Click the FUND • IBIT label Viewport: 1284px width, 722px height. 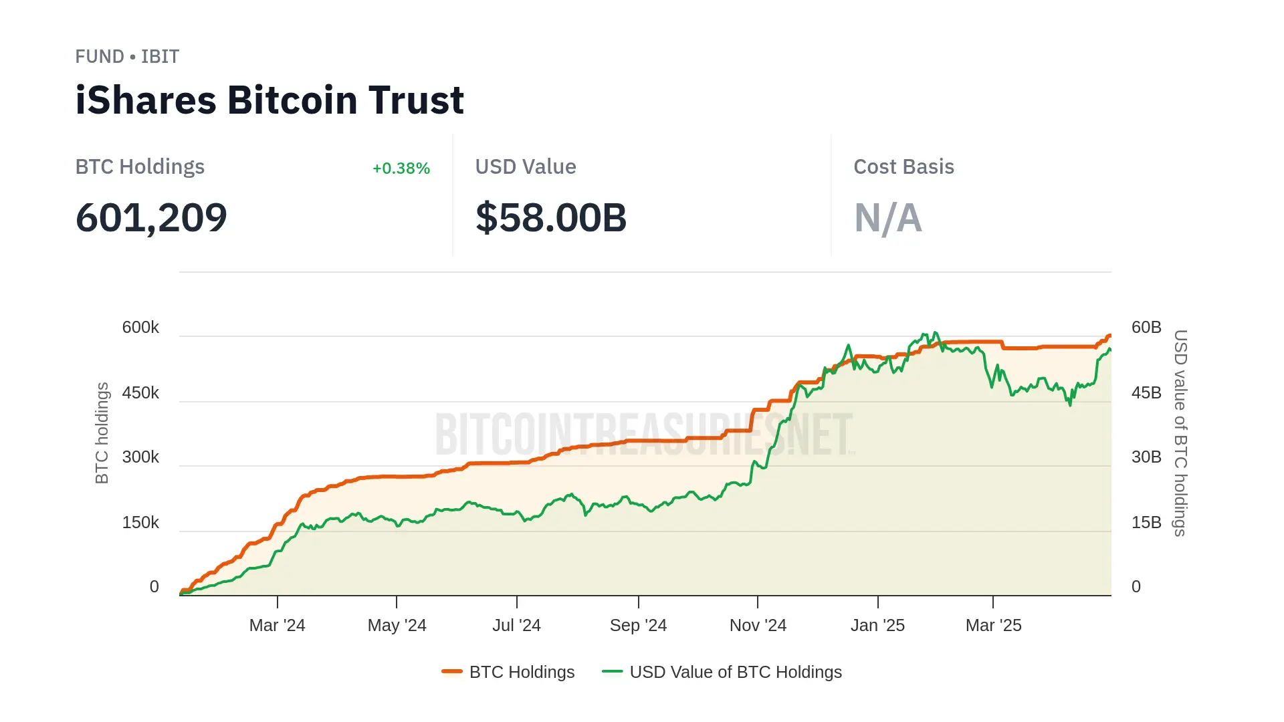coord(127,57)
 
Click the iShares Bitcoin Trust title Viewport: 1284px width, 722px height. coord(270,100)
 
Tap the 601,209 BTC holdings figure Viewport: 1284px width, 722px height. coord(151,218)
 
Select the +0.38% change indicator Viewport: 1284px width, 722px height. coord(401,168)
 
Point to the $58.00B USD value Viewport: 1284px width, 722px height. coord(551,218)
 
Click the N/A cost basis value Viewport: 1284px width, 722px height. coord(888,218)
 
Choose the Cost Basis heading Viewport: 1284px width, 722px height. coord(903,167)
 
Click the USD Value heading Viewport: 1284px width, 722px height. coord(526,167)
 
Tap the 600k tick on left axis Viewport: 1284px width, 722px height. coord(140,328)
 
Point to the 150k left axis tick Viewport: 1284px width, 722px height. coord(140,523)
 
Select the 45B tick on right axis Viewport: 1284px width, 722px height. coord(1146,393)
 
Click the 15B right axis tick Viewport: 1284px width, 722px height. coord(1146,523)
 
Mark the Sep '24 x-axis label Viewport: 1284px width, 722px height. coord(638,626)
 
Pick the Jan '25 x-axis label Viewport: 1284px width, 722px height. coord(877,626)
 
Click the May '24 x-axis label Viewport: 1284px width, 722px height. coord(397,626)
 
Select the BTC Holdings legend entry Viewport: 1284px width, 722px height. coord(508,673)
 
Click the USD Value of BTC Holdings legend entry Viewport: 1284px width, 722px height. coord(722,673)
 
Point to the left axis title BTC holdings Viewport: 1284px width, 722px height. coord(102,433)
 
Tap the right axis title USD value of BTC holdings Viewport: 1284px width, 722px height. coord(1181,433)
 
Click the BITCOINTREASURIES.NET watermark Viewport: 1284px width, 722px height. coord(644,435)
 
